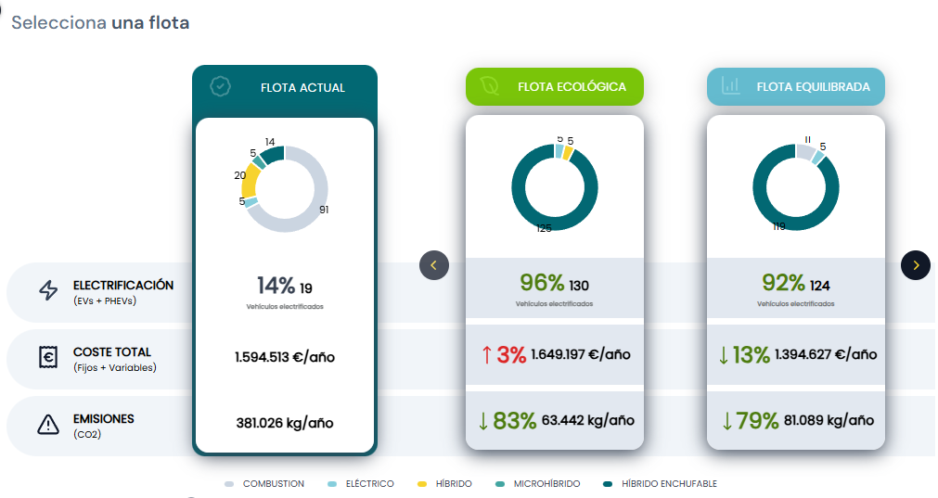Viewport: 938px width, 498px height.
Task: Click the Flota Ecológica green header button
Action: point(554,87)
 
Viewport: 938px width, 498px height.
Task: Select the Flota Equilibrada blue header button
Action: point(795,87)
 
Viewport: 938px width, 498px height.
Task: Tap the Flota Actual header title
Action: point(302,88)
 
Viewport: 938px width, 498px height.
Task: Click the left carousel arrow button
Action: point(434,265)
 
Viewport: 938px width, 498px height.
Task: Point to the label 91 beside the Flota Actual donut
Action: point(324,210)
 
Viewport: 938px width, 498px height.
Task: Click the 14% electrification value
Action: point(276,286)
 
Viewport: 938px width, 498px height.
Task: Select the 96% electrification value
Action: point(542,283)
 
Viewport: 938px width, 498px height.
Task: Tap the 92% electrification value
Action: point(783,283)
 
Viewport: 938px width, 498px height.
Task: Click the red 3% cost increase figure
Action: point(510,354)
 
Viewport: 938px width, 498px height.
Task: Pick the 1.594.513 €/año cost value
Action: point(284,356)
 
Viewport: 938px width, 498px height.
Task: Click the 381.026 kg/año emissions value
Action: point(284,423)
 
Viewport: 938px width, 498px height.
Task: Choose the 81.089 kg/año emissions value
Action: point(829,420)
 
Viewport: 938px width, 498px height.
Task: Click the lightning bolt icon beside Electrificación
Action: point(47,291)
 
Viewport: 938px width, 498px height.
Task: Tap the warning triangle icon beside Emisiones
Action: point(47,425)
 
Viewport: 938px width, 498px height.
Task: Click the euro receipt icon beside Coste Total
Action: point(47,358)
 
